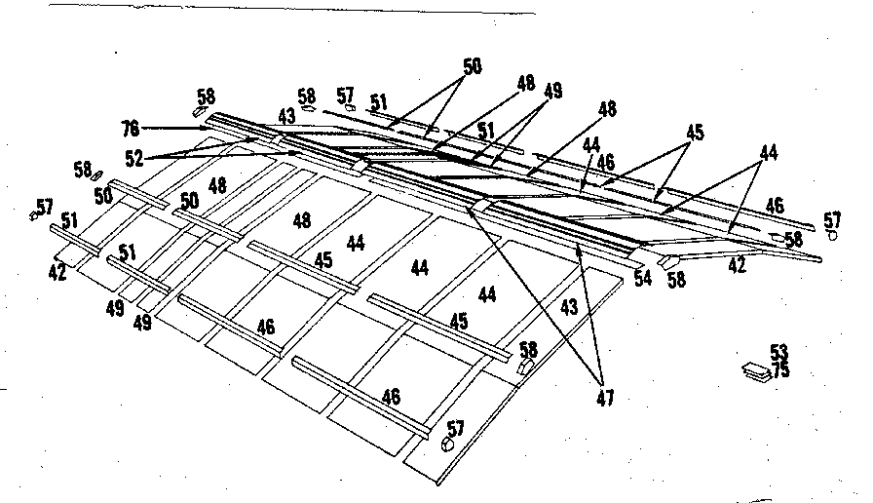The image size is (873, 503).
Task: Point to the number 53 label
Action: click(x=778, y=352)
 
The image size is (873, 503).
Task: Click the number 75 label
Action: click(x=779, y=370)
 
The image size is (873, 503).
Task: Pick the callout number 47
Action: click(x=606, y=397)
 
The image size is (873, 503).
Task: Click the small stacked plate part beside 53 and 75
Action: click(x=756, y=369)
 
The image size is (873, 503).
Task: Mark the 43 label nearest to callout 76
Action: click(x=285, y=116)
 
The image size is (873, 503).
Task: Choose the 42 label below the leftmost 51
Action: click(x=57, y=273)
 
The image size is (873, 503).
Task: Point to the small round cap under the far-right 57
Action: click(x=832, y=235)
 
